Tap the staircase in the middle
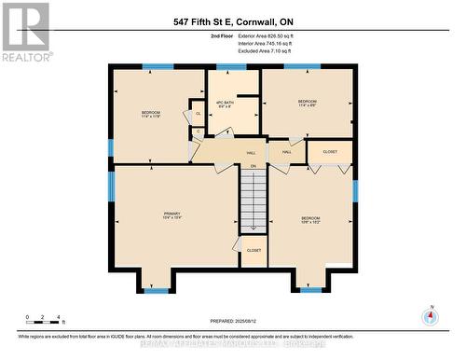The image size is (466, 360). [254, 201]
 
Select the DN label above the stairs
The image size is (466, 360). [253, 166]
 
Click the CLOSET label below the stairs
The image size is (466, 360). [253, 250]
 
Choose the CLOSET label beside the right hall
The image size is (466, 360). [330, 150]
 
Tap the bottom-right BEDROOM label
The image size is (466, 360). [310, 220]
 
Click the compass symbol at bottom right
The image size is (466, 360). [430, 316]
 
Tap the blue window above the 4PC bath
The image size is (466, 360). [225, 67]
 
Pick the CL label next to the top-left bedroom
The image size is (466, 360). [198, 114]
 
